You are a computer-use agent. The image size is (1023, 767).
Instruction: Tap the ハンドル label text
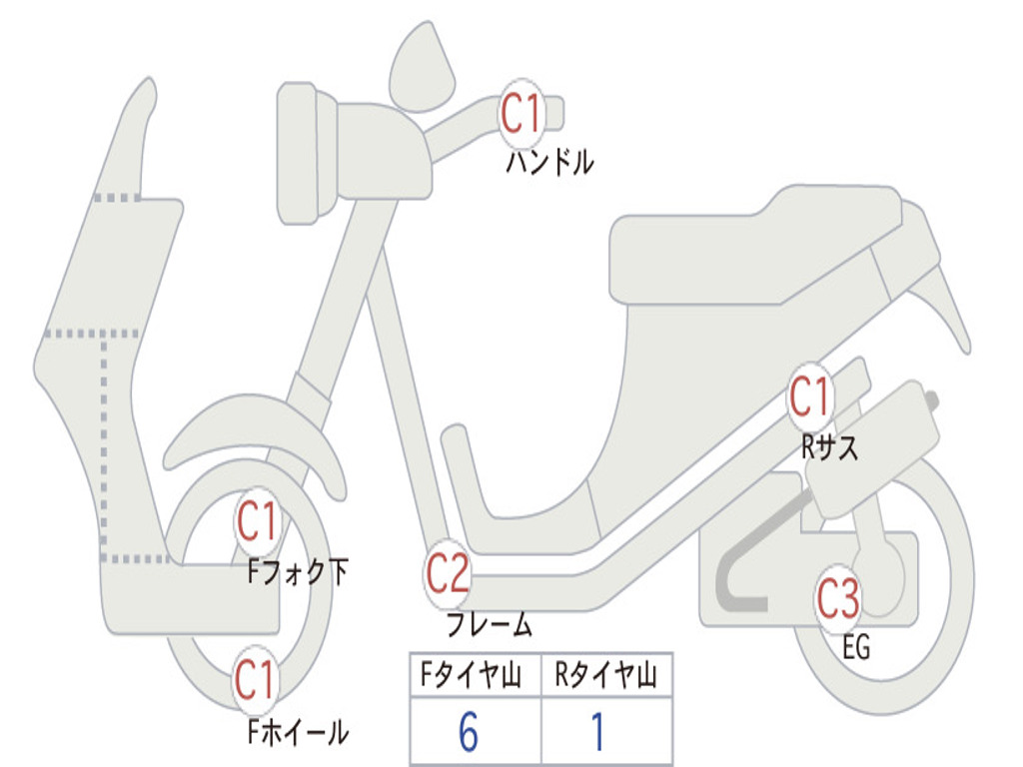(549, 162)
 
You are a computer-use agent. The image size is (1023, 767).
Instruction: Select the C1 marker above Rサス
(810, 397)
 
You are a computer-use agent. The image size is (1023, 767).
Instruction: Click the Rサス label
(829, 448)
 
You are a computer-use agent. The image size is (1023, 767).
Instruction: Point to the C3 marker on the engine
(838, 599)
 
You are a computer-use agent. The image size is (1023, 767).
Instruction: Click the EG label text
(856, 648)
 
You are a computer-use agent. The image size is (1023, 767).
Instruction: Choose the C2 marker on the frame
(448, 573)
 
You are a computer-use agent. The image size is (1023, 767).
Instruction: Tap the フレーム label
(489, 626)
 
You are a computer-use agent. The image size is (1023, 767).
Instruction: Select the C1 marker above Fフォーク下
(257, 519)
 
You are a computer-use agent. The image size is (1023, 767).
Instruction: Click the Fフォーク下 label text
(298, 572)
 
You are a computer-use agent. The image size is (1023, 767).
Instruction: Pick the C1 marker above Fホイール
(256, 681)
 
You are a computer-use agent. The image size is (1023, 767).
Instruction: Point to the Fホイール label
(298, 733)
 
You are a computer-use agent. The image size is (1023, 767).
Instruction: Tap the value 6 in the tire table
(469, 733)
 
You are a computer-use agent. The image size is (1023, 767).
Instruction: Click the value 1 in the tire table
(597, 733)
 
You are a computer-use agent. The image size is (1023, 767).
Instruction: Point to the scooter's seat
(749, 245)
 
